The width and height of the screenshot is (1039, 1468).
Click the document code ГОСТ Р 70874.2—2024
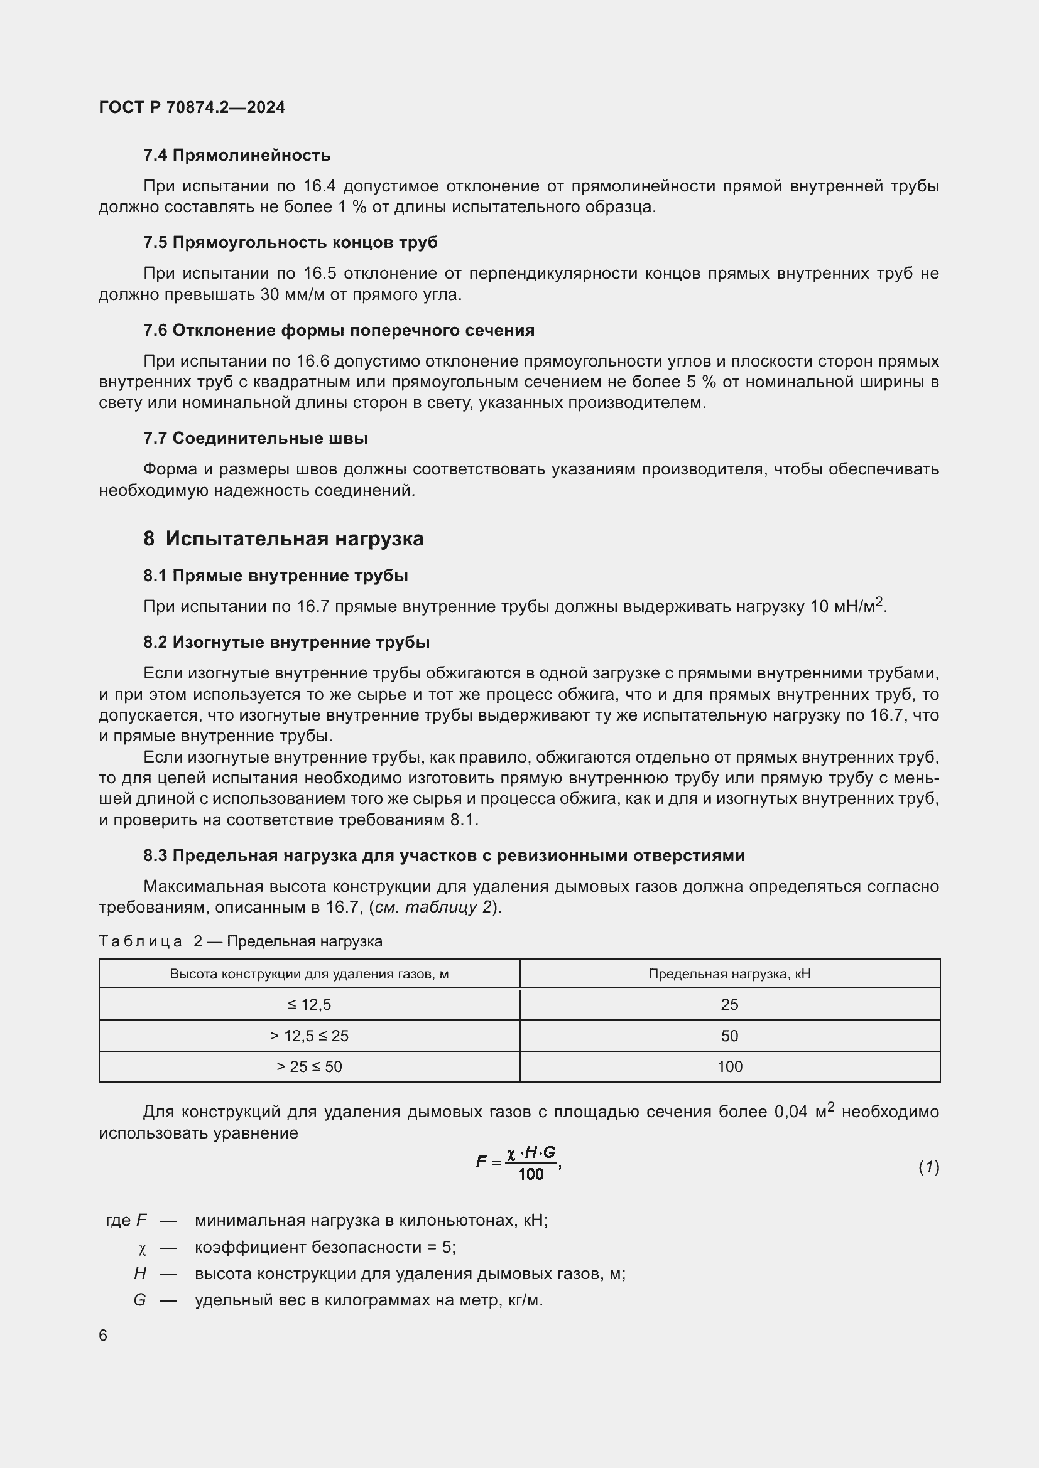pyautogui.click(x=192, y=107)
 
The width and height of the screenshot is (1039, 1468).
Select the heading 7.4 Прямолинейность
pyautogui.click(x=237, y=156)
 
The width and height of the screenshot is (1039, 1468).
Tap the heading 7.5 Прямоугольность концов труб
pyautogui.click(x=290, y=242)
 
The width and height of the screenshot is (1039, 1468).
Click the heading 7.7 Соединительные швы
pyautogui.click(x=255, y=438)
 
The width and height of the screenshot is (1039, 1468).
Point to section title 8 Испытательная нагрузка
pyautogui.click(x=283, y=538)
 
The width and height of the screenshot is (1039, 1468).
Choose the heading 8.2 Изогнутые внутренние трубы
pyautogui.click(x=286, y=642)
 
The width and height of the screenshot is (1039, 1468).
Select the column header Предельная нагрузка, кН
pyautogui.click(x=729, y=974)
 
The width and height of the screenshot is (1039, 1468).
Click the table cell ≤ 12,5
pyautogui.click(x=309, y=1004)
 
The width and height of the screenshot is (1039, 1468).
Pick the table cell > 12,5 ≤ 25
pyautogui.click(x=309, y=1036)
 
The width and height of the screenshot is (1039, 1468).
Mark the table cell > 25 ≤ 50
pyautogui.click(x=309, y=1066)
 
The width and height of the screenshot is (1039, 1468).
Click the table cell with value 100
pyautogui.click(x=729, y=1066)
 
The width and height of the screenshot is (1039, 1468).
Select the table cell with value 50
pyautogui.click(x=729, y=1036)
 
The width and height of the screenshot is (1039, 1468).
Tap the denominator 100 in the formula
pyautogui.click(x=530, y=1174)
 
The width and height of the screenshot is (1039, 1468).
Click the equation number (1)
pyautogui.click(x=928, y=1167)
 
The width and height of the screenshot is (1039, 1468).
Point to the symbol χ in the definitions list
pyautogui.click(x=142, y=1248)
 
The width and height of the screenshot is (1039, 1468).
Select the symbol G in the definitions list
pyautogui.click(x=139, y=1300)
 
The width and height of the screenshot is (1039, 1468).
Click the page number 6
pyautogui.click(x=103, y=1335)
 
